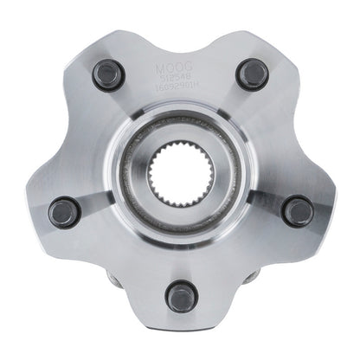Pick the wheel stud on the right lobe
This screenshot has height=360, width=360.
298,209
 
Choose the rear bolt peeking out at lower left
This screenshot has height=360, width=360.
111,280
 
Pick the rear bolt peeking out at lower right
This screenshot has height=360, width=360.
251,280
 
